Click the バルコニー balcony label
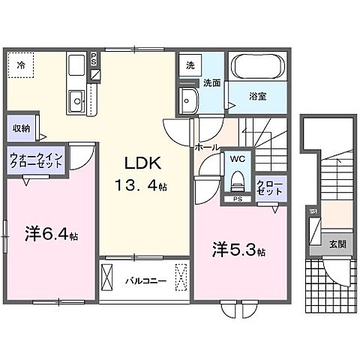[x=140, y=282]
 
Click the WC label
[x=237, y=159]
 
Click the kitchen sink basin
[x=76, y=99]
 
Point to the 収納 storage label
[x=21, y=128]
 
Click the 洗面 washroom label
[x=211, y=83]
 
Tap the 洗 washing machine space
[x=190, y=65]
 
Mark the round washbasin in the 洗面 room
[x=187, y=99]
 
